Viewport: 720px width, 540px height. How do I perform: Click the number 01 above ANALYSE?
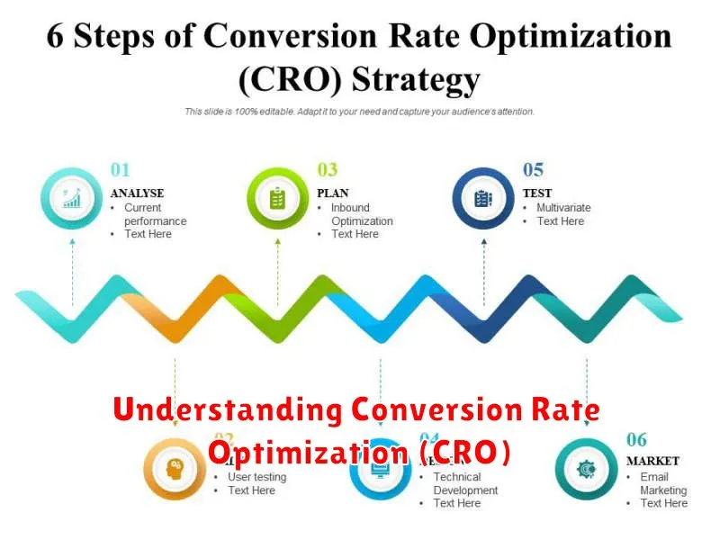coord(120,169)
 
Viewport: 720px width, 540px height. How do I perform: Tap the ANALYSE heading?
coord(137,193)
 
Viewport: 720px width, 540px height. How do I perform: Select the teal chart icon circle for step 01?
coord(72,198)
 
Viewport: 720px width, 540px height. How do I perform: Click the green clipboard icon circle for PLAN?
coord(277,198)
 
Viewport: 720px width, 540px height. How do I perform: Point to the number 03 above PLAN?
coord(327,169)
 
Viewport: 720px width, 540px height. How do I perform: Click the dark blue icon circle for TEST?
coord(483,198)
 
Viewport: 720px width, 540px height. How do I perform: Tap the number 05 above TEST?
coord(534,169)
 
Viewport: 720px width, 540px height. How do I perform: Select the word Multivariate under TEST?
coord(563,208)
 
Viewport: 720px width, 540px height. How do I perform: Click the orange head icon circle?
coord(175,468)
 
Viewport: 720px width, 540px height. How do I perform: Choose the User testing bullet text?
coord(256,477)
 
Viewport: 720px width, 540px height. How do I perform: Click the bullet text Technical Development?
coord(465,484)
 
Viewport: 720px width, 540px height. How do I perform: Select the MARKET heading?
coord(653,461)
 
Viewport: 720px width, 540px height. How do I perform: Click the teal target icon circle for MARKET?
coord(586,468)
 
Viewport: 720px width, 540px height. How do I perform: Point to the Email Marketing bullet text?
coord(662,484)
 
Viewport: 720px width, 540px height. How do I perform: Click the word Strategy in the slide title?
coord(416,81)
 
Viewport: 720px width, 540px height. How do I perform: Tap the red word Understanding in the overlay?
coord(227,411)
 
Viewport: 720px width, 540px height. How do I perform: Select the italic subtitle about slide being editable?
coord(360,112)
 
